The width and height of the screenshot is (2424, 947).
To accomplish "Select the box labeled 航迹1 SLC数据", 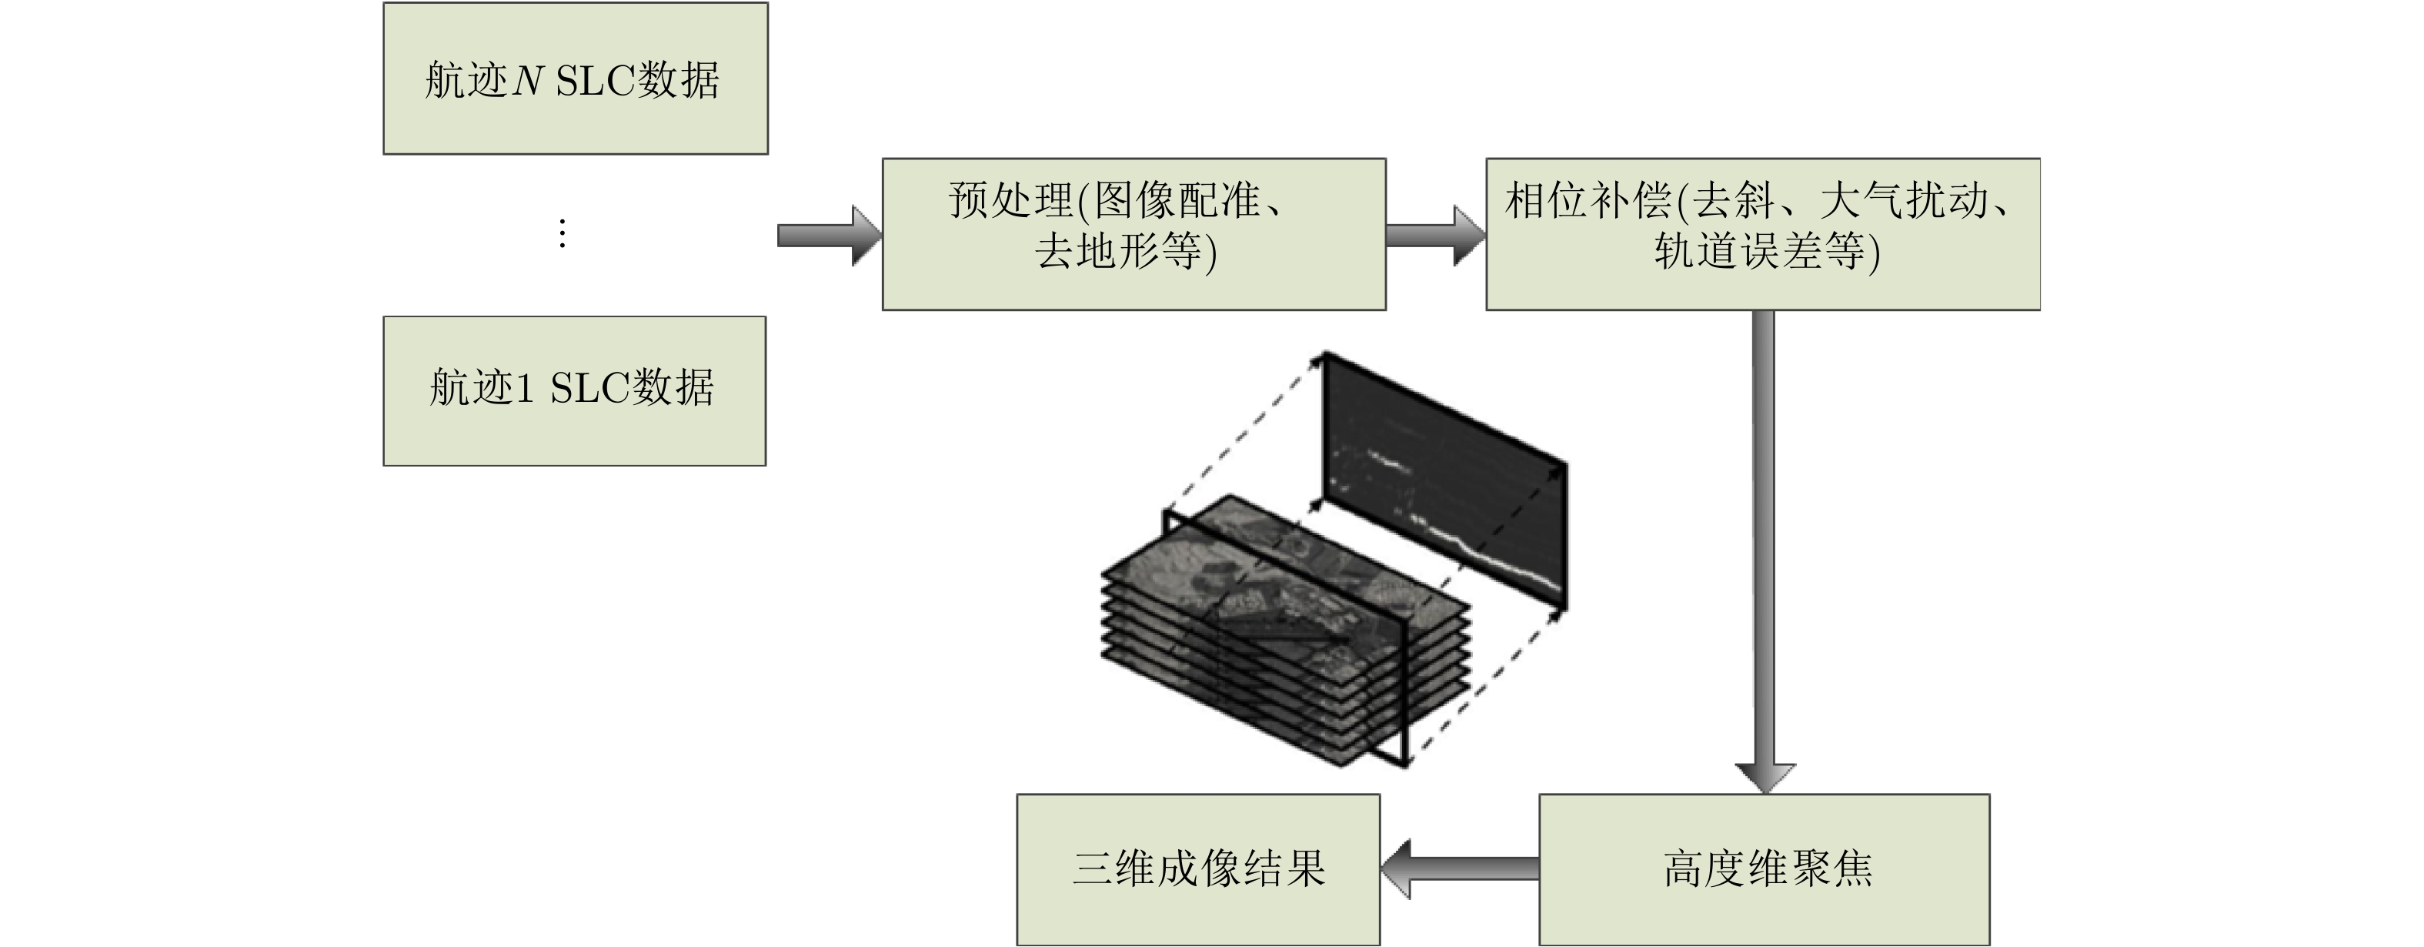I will tap(574, 390).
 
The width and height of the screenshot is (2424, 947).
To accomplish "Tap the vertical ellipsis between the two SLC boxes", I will tap(562, 233).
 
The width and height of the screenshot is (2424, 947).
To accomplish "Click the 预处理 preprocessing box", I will tap(1133, 233).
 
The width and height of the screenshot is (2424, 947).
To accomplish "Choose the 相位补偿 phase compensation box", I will tap(1761, 233).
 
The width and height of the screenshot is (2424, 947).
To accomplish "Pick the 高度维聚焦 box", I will tap(1764, 869).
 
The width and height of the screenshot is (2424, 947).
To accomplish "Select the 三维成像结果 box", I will tap(1198, 869).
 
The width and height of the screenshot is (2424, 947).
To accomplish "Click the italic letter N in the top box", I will tap(527, 81).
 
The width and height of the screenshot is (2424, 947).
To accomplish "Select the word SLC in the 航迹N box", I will tap(595, 81).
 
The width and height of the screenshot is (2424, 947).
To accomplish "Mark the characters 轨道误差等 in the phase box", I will tap(1758, 251).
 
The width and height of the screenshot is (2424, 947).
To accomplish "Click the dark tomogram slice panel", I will tap(1444, 480).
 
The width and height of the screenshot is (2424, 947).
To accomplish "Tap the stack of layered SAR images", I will tap(1284, 631).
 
